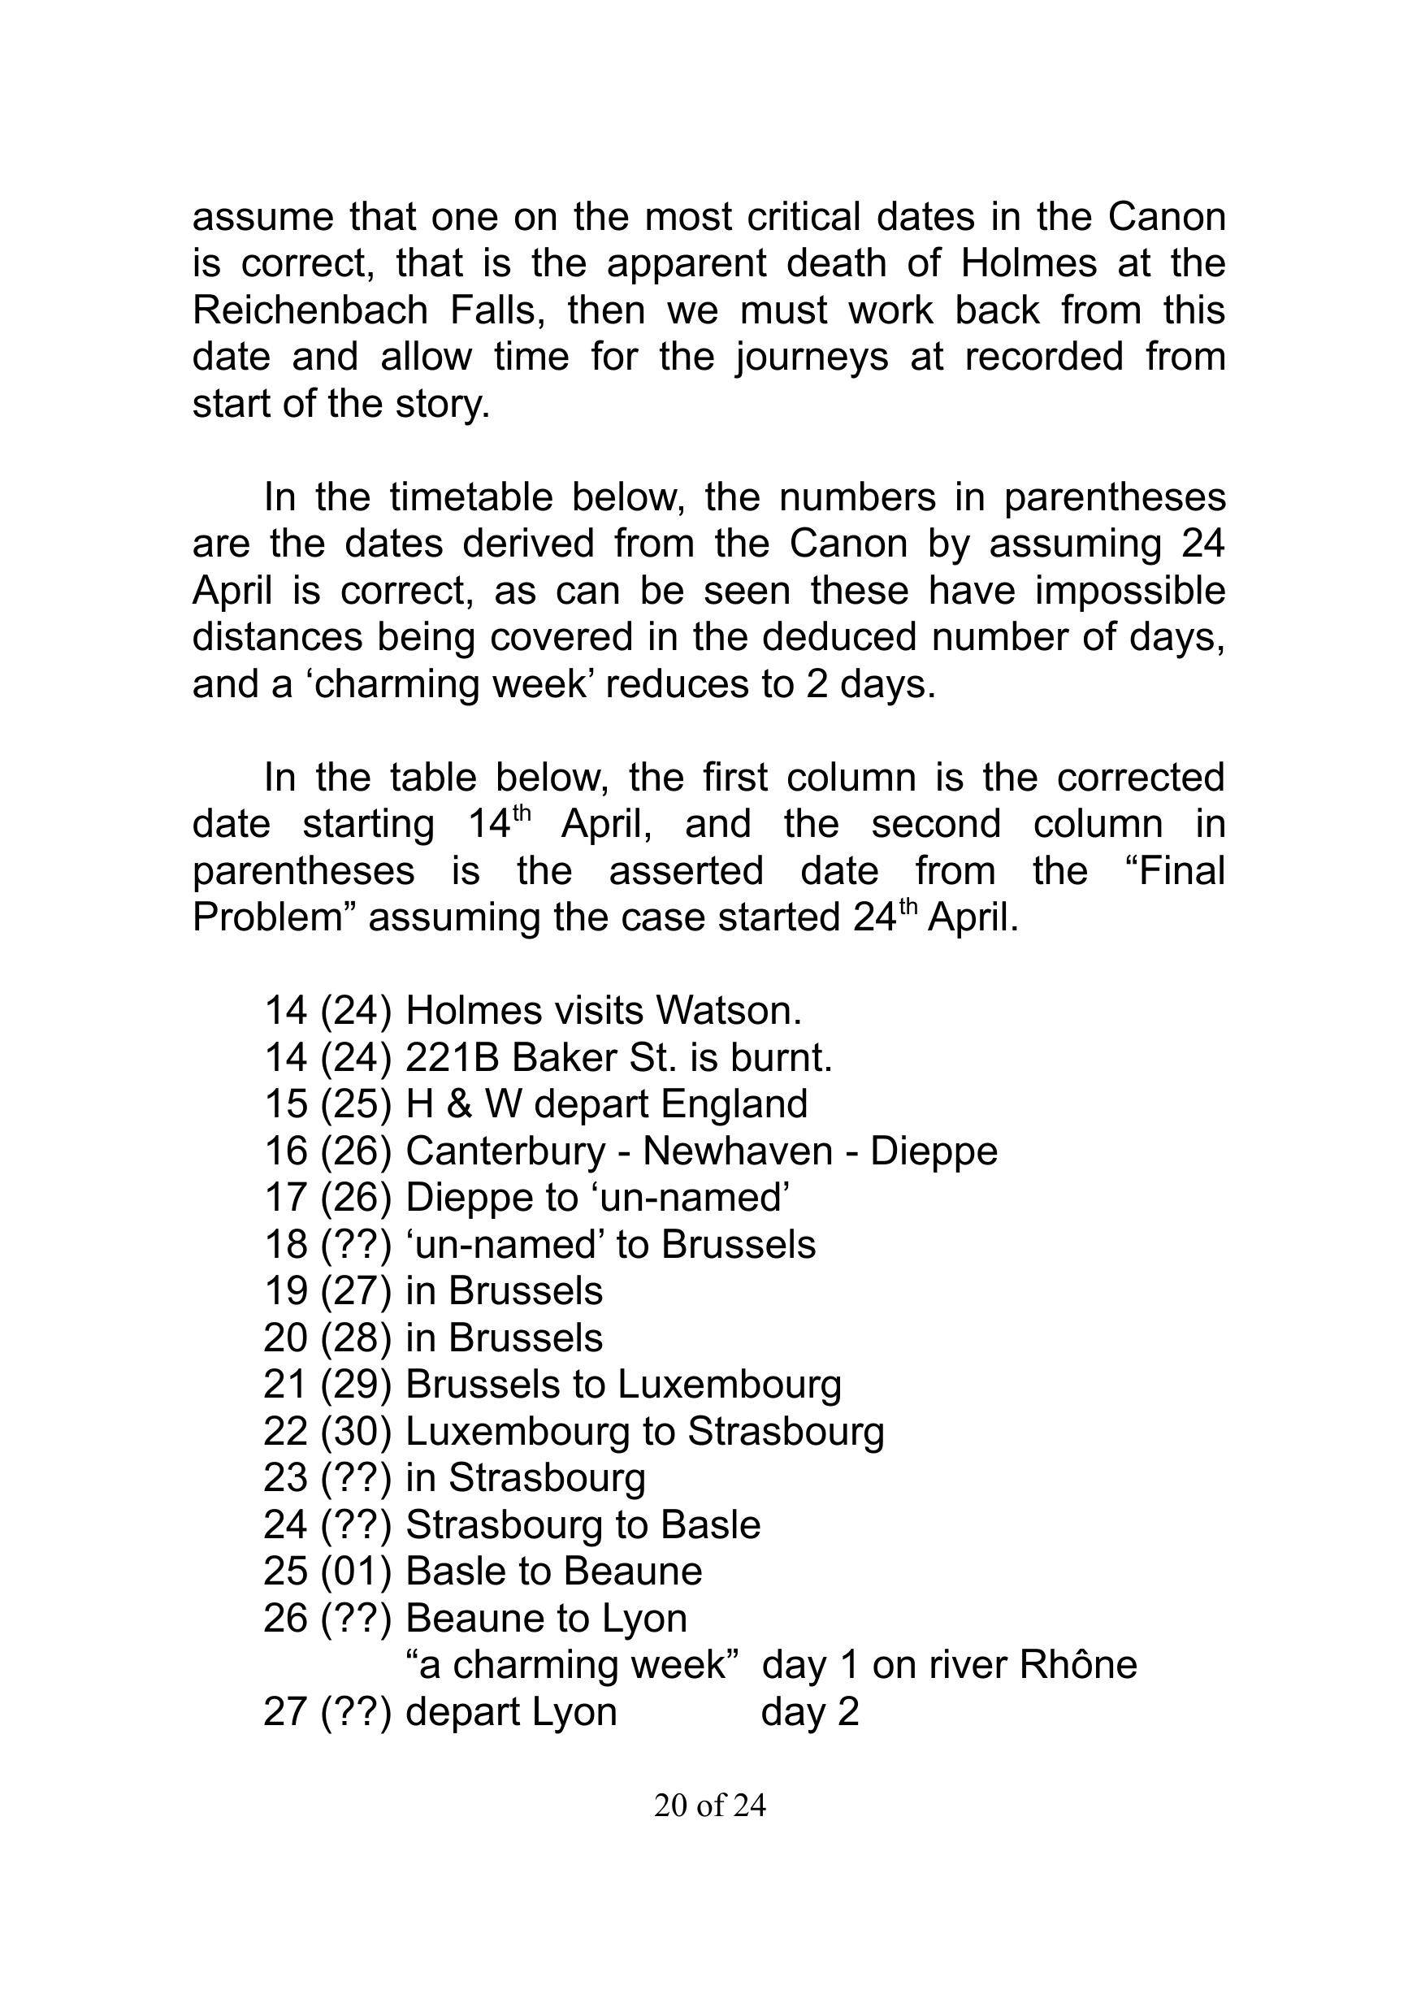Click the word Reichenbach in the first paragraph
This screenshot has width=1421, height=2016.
[x=310, y=310]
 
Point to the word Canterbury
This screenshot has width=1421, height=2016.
[x=505, y=1151]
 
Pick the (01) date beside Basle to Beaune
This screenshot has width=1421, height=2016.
[x=356, y=1572]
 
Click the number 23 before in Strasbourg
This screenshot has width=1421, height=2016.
[x=284, y=1478]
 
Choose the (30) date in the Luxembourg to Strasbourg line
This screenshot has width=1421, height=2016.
[x=356, y=1431]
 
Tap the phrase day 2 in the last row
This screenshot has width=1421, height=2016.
[x=809, y=1712]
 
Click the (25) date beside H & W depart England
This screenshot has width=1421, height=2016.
[x=356, y=1104]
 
